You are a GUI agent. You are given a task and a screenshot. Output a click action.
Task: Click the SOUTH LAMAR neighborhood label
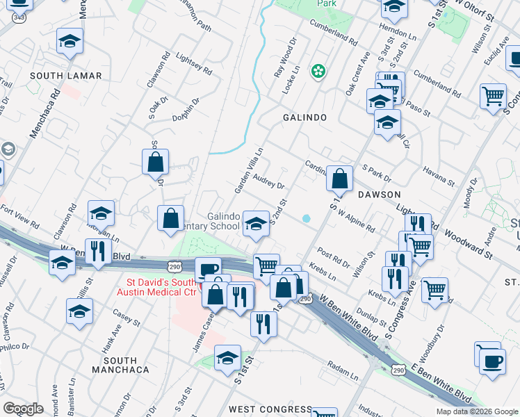[x=65, y=76]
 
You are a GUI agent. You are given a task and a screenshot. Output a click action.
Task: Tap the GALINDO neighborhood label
[x=304, y=117]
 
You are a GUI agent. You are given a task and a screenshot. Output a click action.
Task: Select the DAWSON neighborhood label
[x=379, y=195]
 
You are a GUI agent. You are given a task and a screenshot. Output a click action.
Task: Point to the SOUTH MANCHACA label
[x=126, y=365]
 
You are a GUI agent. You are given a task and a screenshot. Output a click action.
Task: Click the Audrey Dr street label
[x=269, y=182]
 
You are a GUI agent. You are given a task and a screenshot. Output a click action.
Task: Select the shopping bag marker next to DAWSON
[x=339, y=179]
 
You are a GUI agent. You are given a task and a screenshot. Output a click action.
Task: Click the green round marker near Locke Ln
[x=318, y=71]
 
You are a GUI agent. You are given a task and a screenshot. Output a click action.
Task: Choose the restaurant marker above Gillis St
[x=98, y=251]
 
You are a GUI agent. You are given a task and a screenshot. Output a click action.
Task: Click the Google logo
[x=23, y=409]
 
